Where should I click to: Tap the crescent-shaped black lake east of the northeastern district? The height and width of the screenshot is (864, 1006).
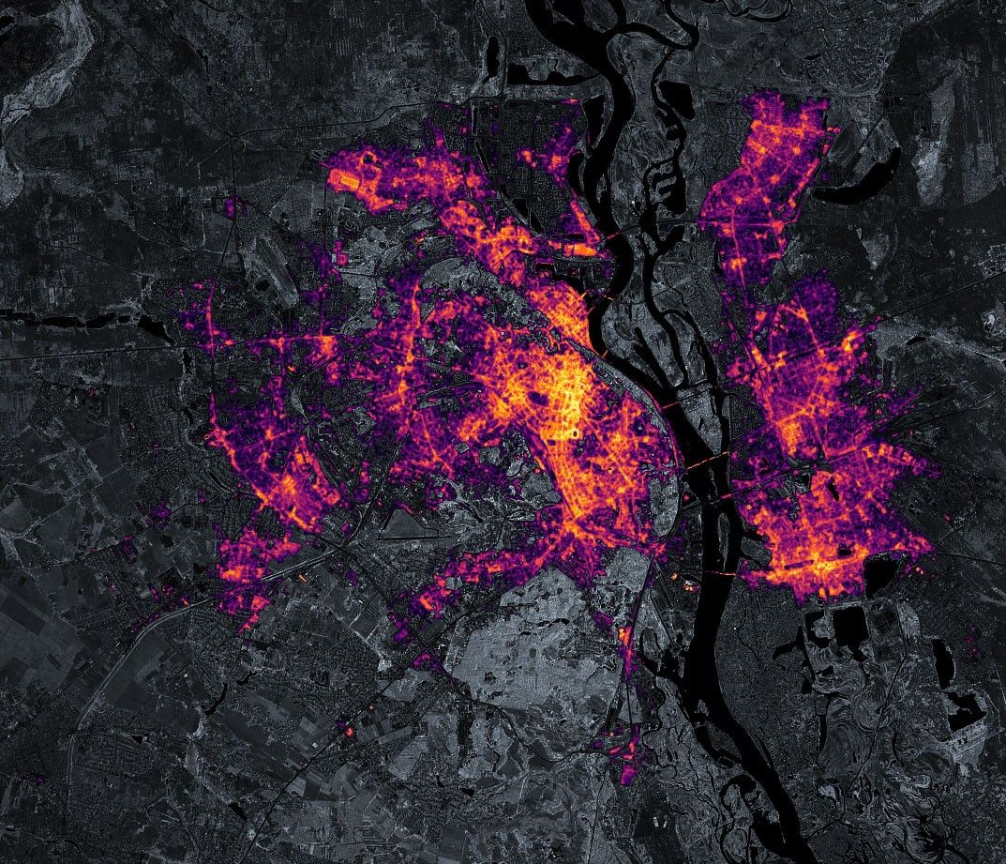[867, 191]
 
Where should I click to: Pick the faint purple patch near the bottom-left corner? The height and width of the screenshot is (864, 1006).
[38, 778]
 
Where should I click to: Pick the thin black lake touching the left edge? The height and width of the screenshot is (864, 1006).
[28, 319]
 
